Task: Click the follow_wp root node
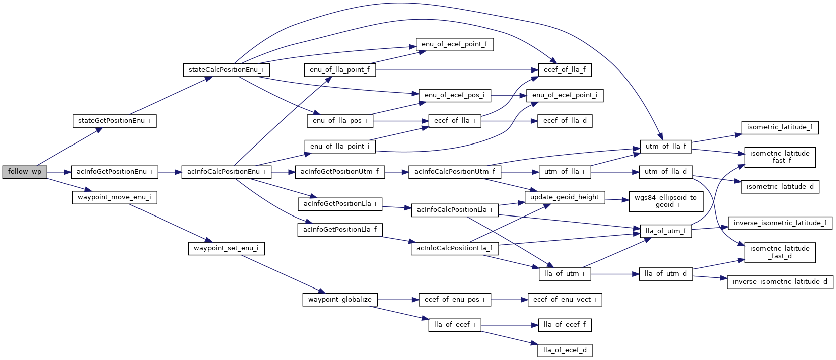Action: coord(25,172)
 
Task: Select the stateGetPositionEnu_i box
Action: coord(114,121)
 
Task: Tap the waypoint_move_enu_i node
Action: coord(114,197)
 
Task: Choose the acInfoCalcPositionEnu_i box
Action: coord(226,172)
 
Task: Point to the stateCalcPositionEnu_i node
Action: coord(226,70)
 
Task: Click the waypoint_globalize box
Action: coord(340,300)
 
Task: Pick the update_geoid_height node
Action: coord(565,197)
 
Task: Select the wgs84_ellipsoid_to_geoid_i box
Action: coord(665,201)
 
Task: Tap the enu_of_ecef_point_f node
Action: coord(455,44)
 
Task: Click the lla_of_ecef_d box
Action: coord(565,350)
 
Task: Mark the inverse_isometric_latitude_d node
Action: coord(780,282)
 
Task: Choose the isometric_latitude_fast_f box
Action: coord(780,157)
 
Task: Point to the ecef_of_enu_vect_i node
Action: coord(565,300)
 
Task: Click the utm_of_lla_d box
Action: coord(666,172)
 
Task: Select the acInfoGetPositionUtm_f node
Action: coord(340,172)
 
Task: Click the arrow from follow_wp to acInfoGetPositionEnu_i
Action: coord(58,172)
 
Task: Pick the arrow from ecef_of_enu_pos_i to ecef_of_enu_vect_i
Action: coord(509,300)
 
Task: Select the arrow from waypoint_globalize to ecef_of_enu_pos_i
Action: coord(398,300)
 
